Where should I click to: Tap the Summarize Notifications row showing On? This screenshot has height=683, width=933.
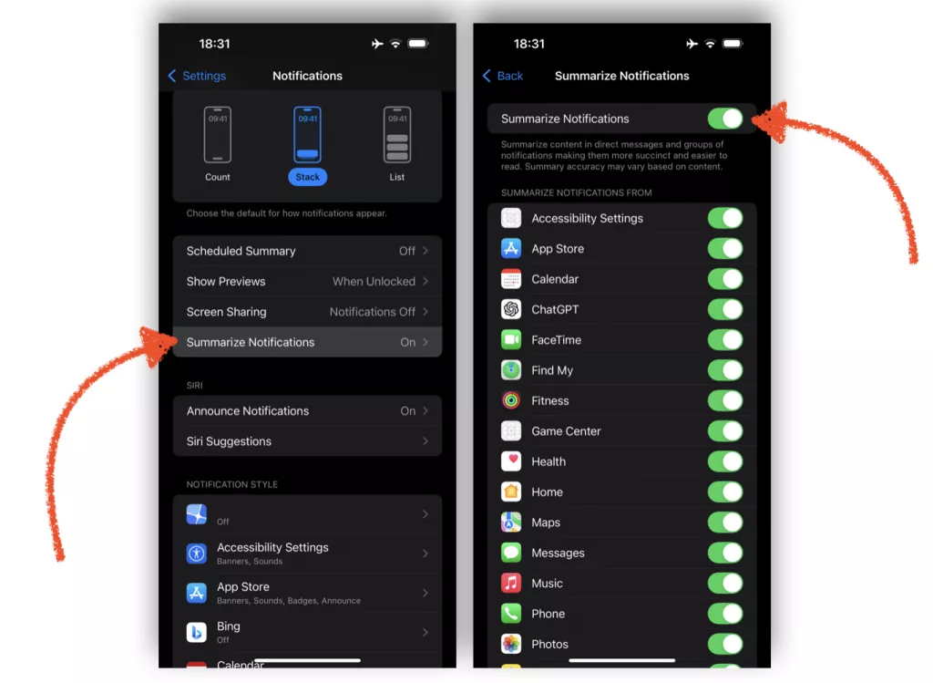click(x=306, y=342)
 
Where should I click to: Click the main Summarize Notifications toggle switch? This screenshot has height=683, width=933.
click(x=725, y=119)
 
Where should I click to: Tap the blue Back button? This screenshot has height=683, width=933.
click(x=503, y=76)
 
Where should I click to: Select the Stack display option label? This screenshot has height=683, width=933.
click(x=307, y=177)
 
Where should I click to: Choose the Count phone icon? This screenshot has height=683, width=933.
click(x=217, y=135)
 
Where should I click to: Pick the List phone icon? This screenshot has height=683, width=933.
click(x=397, y=135)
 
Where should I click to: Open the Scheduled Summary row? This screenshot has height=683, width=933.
click(x=306, y=251)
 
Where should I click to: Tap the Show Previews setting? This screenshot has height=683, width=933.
click(x=306, y=281)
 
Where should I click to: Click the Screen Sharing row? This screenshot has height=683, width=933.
click(x=306, y=312)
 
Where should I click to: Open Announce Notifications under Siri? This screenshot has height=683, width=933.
click(x=306, y=410)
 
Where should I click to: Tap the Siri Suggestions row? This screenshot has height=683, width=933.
click(x=306, y=441)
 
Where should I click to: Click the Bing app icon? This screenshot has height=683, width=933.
click(x=197, y=632)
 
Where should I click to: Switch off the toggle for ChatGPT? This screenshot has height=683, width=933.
click(x=725, y=309)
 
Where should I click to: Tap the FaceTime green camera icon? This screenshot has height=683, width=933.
click(x=511, y=340)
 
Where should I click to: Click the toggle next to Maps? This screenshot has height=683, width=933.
click(x=725, y=523)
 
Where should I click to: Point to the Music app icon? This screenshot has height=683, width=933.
click(x=511, y=583)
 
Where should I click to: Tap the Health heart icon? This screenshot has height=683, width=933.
click(x=511, y=461)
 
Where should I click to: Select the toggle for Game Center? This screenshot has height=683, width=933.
click(x=725, y=431)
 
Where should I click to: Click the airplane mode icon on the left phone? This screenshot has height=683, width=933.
click(x=377, y=44)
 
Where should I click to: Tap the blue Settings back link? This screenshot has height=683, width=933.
click(x=197, y=76)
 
